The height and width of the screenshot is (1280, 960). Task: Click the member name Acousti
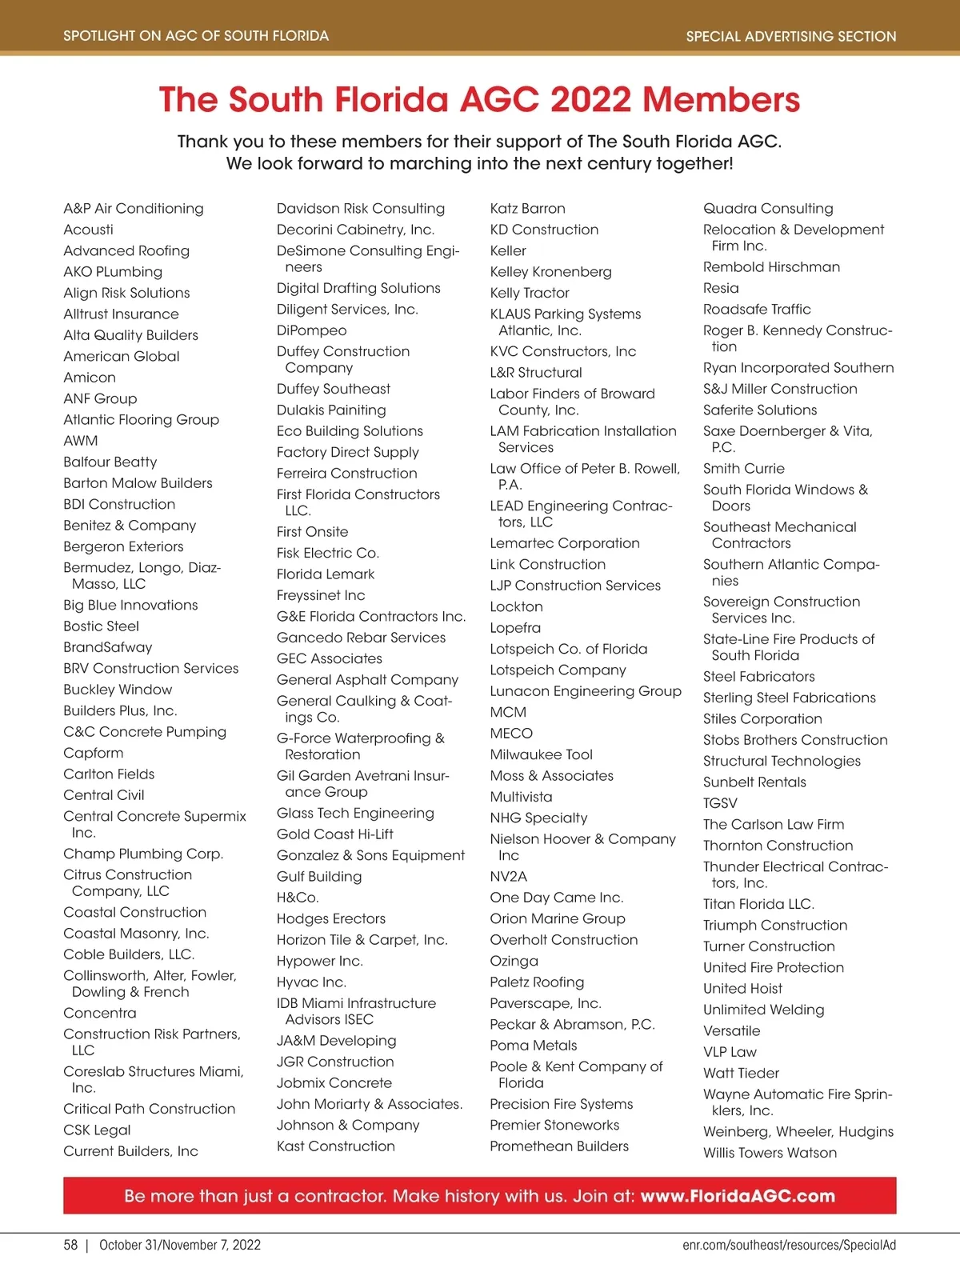pyautogui.click(x=88, y=230)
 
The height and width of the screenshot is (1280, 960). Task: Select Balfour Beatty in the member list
pyautogui.click(x=110, y=462)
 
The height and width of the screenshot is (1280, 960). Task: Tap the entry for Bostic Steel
pyautogui.click(x=101, y=626)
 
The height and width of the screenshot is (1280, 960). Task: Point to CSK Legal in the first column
pyautogui.click(x=97, y=1130)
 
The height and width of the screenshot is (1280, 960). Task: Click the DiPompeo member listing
pyautogui.click(x=312, y=330)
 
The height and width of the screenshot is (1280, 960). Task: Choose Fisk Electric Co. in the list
pyautogui.click(x=328, y=553)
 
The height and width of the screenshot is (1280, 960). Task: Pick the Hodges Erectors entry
pyautogui.click(x=331, y=918)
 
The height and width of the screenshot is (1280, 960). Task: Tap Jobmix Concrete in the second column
pyautogui.click(x=334, y=1082)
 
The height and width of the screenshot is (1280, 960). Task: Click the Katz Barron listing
pyautogui.click(x=527, y=209)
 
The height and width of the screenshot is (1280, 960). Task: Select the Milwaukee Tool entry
pyautogui.click(x=542, y=754)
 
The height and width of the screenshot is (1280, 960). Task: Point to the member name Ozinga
pyautogui.click(x=514, y=961)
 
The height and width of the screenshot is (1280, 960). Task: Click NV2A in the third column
pyautogui.click(x=509, y=876)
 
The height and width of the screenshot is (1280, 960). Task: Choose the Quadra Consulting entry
pyautogui.click(x=768, y=209)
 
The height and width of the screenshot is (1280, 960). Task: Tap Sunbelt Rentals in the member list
pyautogui.click(x=754, y=782)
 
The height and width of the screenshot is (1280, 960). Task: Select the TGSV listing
pyautogui.click(x=720, y=803)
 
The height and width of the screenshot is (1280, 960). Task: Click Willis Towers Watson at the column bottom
pyautogui.click(x=770, y=1153)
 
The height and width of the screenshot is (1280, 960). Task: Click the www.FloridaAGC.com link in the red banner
pyautogui.click(x=738, y=1196)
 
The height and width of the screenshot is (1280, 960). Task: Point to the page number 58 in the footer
pyautogui.click(x=70, y=1245)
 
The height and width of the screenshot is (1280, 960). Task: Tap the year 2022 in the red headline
pyautogui.click(x=590, y=100)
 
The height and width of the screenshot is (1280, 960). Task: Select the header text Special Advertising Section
pyautogui.click(x=791, y=36)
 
